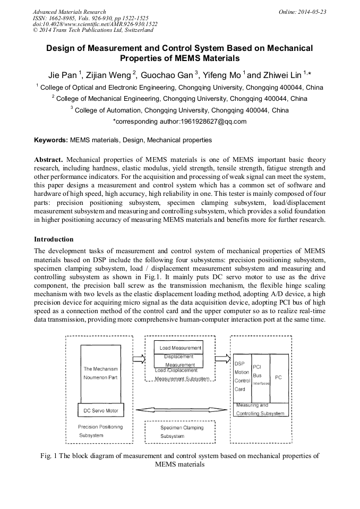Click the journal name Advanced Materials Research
69,11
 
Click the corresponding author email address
180,122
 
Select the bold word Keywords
50,140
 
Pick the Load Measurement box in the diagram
181,348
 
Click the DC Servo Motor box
101,411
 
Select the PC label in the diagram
278,377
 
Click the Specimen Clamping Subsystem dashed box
181,432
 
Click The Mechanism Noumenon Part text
100,373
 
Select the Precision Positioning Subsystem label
100,430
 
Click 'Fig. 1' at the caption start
49,455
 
